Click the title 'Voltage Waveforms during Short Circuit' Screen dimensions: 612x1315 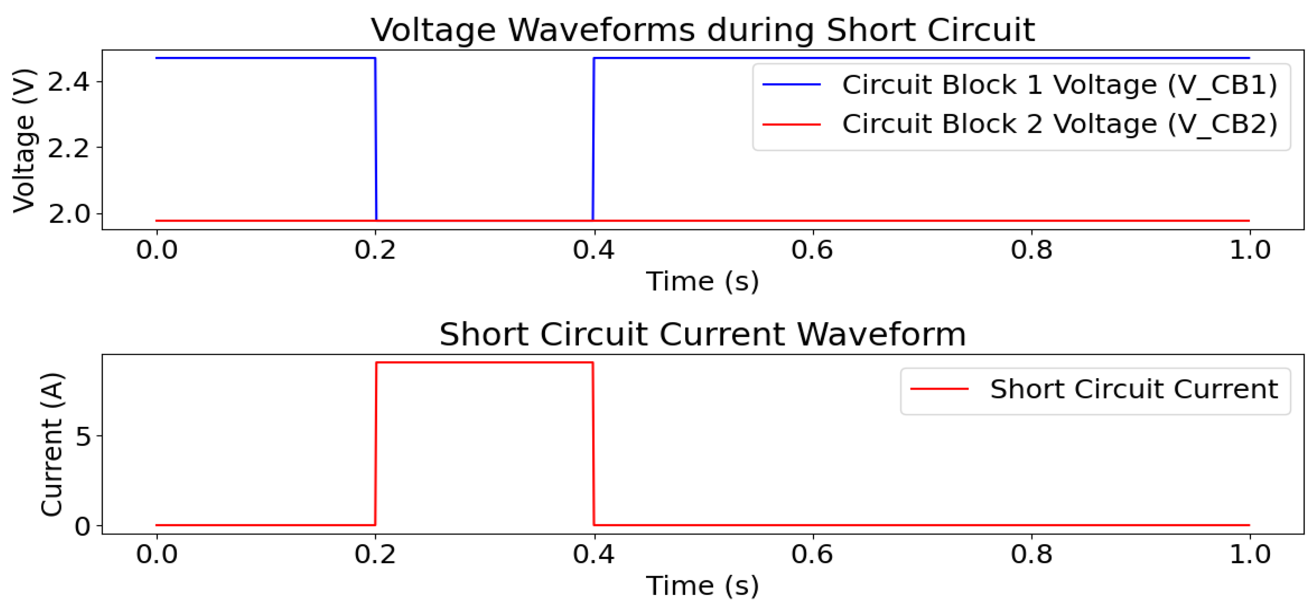pyautogui.click(x=703, y=30)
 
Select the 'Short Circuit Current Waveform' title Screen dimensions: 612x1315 pyautogui.click(x=703, y=334)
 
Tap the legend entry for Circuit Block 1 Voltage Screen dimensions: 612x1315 pyautogui.click(x=1059, y=84)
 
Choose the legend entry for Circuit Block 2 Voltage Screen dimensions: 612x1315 pyautogui.click(x=1059, y=124)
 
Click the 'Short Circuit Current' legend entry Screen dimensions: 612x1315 pyautogui.click(x=1133, y=389)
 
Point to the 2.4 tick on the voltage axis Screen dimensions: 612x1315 pyautogui.click(x=68, y=82)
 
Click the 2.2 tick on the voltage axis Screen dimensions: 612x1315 pyautogui.click(x=68, y=148)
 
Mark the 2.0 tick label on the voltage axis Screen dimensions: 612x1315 pyautogui.click(x=68, y=214)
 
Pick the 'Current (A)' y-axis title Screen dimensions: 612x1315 pyautogui.click(x=51, y=445)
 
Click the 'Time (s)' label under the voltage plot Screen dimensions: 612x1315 pyautogui.click(x=703, y=282)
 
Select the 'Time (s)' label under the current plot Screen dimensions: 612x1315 pyautogui.click(x=703, y=586)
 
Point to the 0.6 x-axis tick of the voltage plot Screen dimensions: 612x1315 pyautogui.click(x=812, y=250)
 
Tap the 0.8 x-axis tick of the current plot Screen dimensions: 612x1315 pyautogui.click(x=1031, y=554)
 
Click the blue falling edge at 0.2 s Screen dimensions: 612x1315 pyautogui.click(x=376, y=138)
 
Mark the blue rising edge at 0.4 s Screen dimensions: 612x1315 pyautogui.click(x=593, y=138)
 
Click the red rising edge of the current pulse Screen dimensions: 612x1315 pyautogui.click(x=376, y=444)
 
